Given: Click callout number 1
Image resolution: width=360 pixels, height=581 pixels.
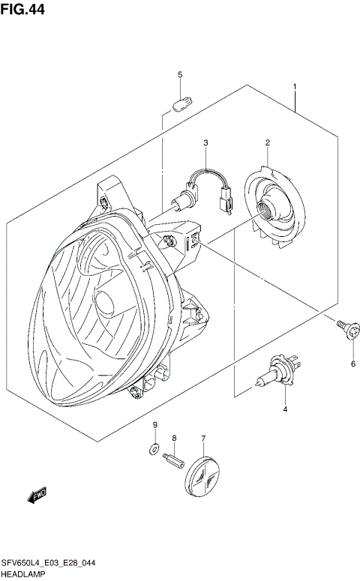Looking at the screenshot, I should (295, 87).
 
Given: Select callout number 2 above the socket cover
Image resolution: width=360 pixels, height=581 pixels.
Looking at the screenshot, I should (266, 142).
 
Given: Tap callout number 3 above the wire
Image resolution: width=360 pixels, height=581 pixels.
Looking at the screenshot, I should (204, 142).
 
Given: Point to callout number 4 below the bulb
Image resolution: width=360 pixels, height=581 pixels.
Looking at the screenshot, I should (285, 409).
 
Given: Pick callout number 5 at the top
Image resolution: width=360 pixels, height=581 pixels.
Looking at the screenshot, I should (180, 74).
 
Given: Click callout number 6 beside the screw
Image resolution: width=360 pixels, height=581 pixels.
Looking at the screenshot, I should (352, 364).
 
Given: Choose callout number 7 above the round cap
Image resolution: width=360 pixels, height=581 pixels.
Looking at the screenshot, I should (202, 438).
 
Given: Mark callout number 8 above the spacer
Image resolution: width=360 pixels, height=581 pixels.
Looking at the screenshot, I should (174, 438).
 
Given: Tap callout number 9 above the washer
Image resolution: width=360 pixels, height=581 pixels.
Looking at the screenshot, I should (155, 426).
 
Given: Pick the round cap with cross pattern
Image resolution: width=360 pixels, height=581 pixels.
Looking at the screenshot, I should (205, 472).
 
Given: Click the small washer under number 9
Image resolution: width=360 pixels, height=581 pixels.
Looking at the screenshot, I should (154, 449).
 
